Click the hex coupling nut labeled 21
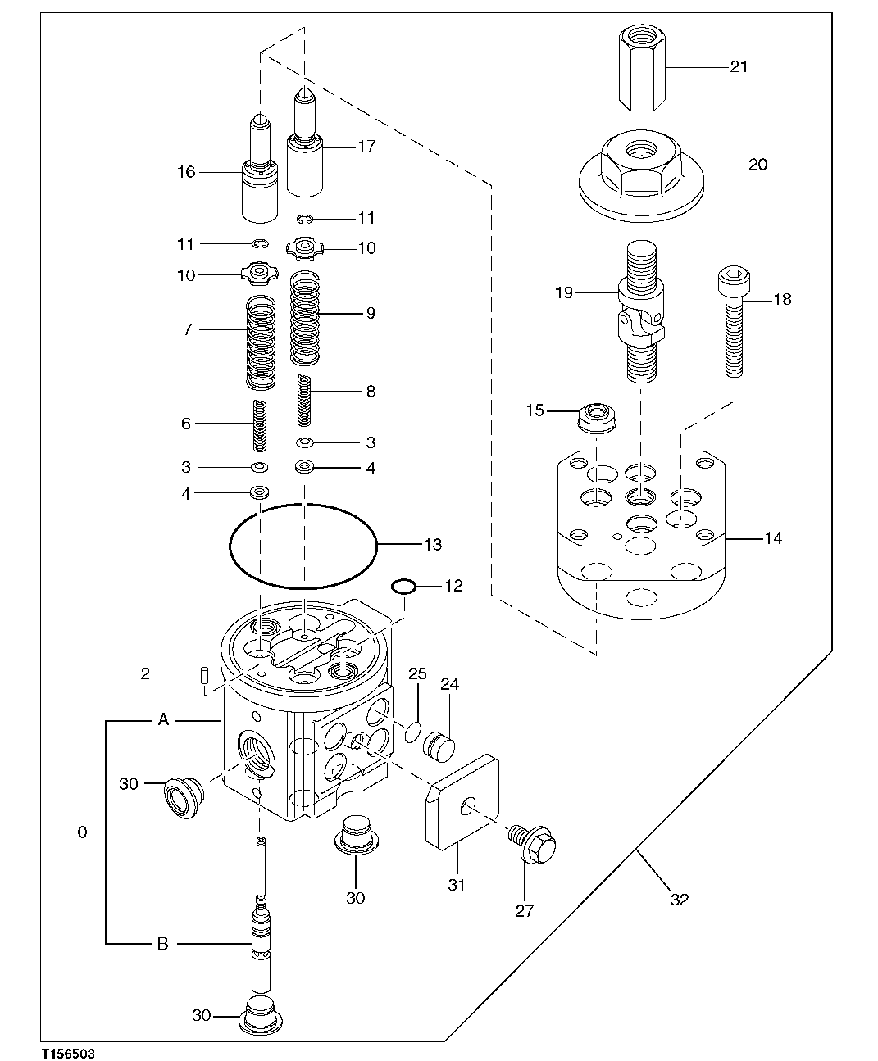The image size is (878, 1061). pos(641,69)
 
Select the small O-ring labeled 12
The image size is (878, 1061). pos(403,587)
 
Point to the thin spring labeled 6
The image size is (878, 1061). pos(261,425)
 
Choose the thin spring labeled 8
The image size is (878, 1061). pos(304,399)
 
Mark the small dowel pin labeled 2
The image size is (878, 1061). pos(204,674)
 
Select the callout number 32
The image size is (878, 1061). pos(679,900)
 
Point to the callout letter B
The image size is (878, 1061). pos(162,944)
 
